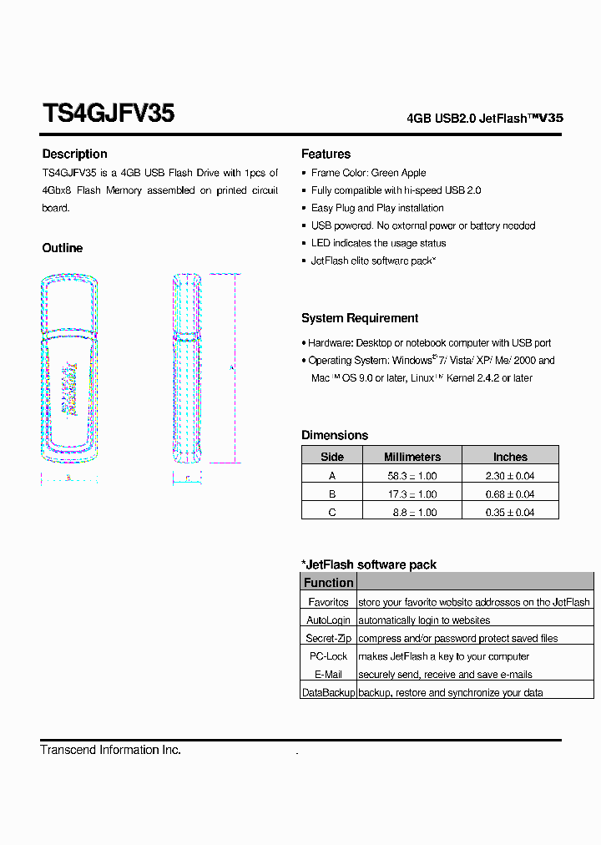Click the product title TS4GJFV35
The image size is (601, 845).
[x=108, y=114]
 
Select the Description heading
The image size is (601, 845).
[x=74, y=154]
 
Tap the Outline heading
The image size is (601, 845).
[x=63, y=248]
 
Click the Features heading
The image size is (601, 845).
[x=326, y=154]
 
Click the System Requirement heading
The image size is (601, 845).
[x=360, y=318]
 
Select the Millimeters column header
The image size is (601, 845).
[x=412, y=457]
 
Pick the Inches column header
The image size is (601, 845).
[x=510, y=457]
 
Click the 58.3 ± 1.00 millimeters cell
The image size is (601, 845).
[x=412, y=476]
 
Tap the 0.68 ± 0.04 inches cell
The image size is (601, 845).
[x=510, y=494]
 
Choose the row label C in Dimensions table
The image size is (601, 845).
[x=331, y=512]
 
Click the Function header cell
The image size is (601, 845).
[x=328, y=583]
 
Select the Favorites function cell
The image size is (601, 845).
[x=328, y=602]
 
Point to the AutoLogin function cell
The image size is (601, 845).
[x=328, y=620]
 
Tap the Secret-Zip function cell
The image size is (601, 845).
[x=328, y=639]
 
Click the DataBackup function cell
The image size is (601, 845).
[x=328, y=693]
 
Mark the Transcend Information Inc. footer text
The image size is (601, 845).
[x=110, y=750]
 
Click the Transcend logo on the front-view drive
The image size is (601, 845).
[x=69, y=387]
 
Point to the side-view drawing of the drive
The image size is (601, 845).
[x=187, y=368]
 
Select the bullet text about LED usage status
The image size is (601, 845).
[x=378, y=243]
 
